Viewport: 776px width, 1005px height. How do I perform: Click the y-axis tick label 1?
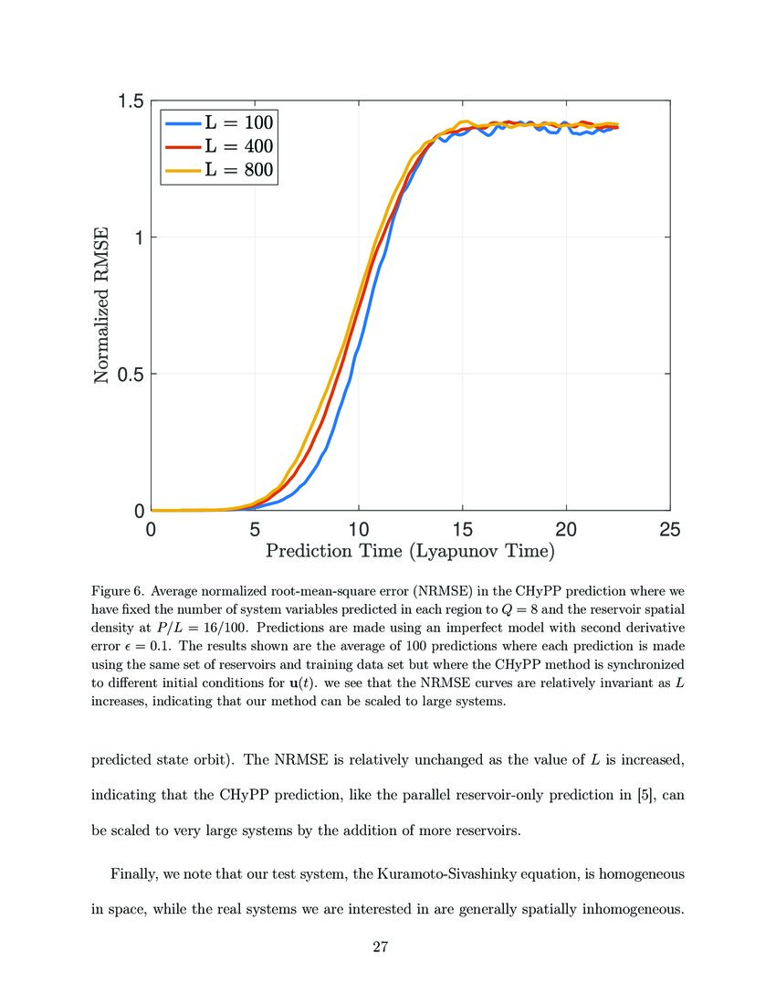click(138, 238)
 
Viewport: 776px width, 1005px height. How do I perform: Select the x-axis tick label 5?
click(255, 530)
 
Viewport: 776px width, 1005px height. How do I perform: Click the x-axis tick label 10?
click(359, 530)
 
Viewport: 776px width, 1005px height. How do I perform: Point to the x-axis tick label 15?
click(463, 530)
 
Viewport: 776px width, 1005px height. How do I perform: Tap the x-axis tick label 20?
click(566, 530)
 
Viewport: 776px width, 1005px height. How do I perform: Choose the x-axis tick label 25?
click(670, 530)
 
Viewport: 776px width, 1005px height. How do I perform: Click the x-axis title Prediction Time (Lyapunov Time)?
click(410, 551)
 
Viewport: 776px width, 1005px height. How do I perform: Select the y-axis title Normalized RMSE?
click(103, 305)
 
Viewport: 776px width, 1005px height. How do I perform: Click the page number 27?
click(382, 947)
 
